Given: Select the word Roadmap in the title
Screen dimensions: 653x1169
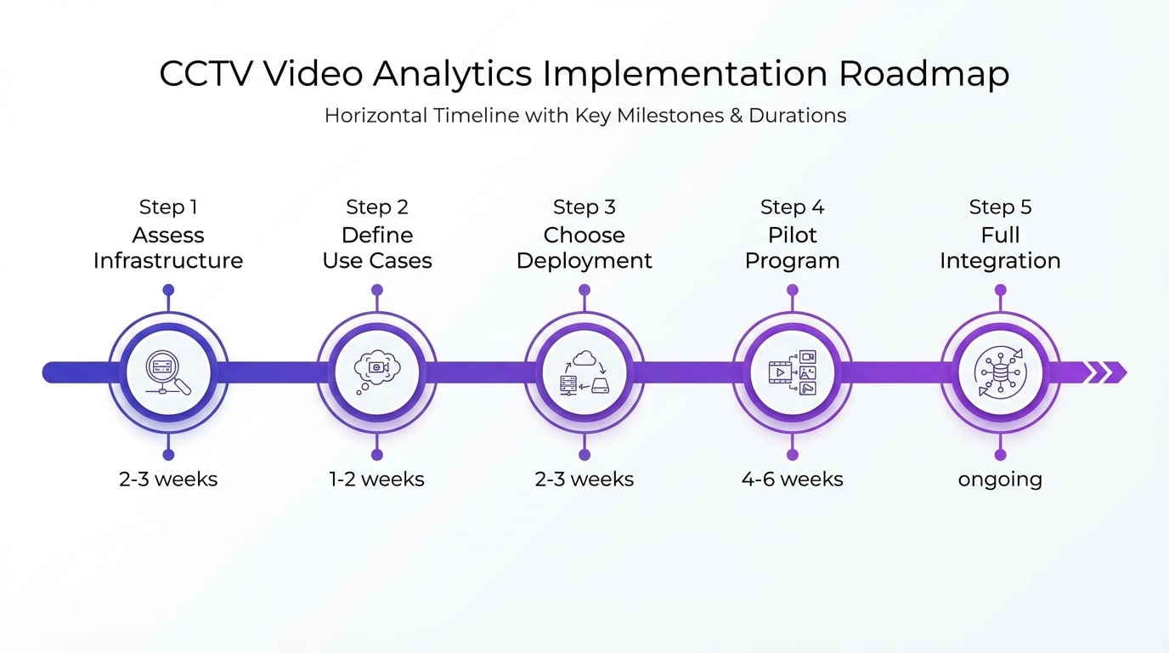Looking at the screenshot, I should click(x=924, y=74).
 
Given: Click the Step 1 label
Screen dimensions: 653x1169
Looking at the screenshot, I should click(x=168, y=207).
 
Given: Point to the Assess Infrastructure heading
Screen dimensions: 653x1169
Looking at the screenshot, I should click(x=168, y=247).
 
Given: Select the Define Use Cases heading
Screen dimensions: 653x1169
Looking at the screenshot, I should click(x=377, y=247).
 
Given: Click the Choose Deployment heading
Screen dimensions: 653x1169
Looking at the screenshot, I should click(x=584, y=247).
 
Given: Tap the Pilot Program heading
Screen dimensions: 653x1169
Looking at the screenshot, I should click(x=793, y=247).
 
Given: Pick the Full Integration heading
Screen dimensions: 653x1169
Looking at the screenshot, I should click(x=1000, y=247).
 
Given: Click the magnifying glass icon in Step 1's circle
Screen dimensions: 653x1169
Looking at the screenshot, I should click(x=168, y=372).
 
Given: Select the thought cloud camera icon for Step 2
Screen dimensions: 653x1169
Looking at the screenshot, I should click(x=377, y=372).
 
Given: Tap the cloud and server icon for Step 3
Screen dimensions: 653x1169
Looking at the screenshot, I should click(x=584, y=372).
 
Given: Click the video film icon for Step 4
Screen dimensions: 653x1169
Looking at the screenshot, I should click(x=793, y=372).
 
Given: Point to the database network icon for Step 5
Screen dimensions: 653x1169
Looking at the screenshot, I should click(x=1000, y=372).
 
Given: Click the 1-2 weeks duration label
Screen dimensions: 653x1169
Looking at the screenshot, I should click(x=377, y=480).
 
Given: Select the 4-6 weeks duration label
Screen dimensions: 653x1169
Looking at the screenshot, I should click(x=793, y=480).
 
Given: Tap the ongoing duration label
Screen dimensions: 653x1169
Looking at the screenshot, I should click(x=1000, y=480).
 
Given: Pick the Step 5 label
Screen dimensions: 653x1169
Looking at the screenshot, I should click(x=1000, y=207).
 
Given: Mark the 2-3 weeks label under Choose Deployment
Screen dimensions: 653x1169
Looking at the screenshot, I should click(x=584, y=480).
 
